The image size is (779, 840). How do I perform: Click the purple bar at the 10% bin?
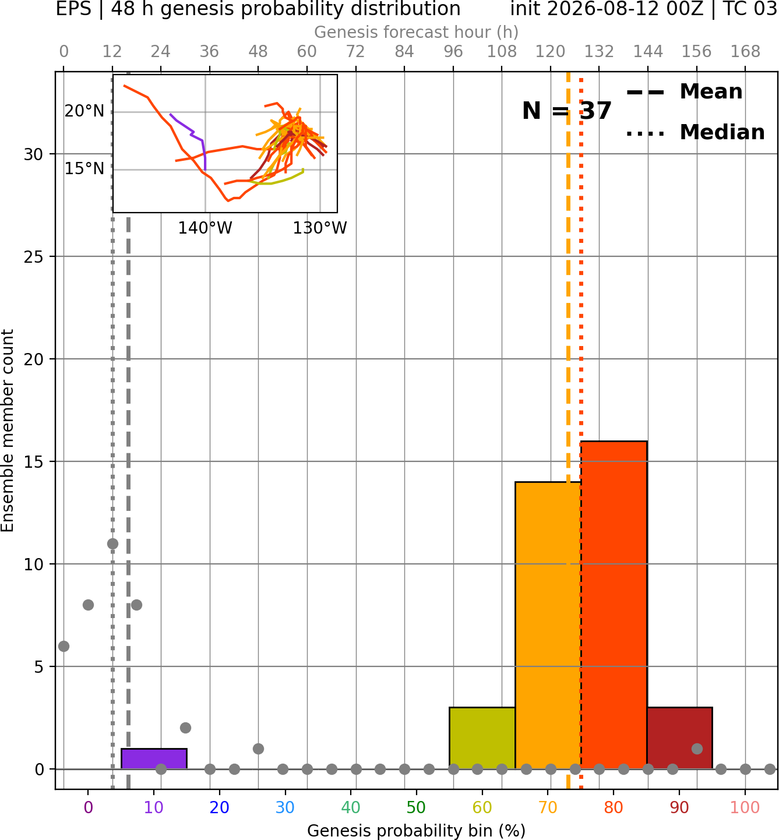click(x=154, y=759)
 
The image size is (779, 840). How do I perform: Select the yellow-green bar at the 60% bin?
click(x=482, y=738)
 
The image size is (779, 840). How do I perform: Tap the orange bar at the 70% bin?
click(x=548, y=626)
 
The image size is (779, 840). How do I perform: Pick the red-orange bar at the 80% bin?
click(x=614, y=605)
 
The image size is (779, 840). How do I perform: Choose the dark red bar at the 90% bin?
click(x=680, y=738)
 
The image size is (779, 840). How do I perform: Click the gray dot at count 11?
click(x=112, y=544)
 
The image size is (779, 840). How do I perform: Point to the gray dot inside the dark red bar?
click(x=697, y=749)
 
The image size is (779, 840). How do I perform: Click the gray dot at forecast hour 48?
click(x=258, y=749)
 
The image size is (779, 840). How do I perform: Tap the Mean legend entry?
click(x=684, y=92)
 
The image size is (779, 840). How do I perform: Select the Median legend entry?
click(x=695, y=132)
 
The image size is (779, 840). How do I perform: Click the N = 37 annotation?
click(x=567, y=111)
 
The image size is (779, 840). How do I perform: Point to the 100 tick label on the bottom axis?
click(x=745, y=808)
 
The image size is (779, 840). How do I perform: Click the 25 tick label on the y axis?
click(x=33, y=257)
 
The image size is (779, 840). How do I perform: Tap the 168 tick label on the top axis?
click(x=745, y=52)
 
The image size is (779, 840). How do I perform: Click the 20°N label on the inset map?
click(x=84, y=111)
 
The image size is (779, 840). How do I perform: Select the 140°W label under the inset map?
click(x=205, y=228)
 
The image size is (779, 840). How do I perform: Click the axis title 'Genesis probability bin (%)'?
click(x=417, y=831)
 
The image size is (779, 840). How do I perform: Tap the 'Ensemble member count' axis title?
click(x=8, y=430)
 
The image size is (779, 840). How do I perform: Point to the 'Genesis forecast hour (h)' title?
click(x=417, y=32)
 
